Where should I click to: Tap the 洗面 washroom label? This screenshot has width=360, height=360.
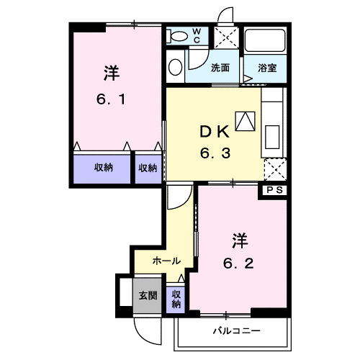tap(220, 68)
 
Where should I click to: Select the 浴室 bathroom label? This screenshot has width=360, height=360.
tap(267, 68)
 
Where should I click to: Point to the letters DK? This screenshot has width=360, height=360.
tap(214, 131)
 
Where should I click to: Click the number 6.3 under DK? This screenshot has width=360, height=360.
tap(214, 153)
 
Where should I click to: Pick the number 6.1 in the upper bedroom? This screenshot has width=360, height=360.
tap(112, 100)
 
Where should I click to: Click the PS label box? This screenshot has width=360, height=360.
tap(274, 190)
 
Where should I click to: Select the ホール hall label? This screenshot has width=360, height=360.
tap(166, 261)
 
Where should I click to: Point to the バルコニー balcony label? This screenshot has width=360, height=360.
tap(235, 330)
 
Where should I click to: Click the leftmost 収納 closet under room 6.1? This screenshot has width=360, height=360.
tap(103, 168)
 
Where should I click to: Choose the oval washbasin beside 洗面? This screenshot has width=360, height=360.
tap(175, 67)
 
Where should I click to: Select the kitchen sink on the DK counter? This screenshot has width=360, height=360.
tap(273, 135)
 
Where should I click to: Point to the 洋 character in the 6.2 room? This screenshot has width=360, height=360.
tap(239, 238)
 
